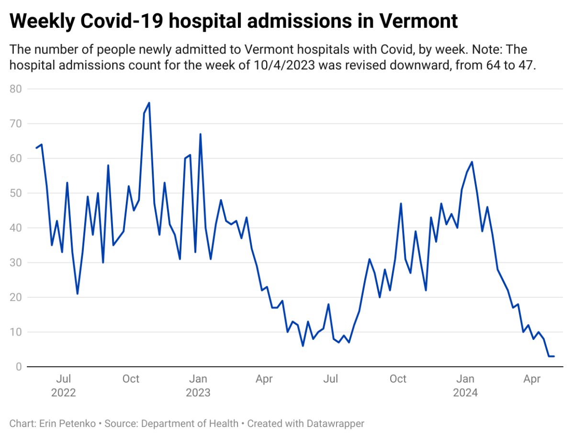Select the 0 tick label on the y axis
[19, 367]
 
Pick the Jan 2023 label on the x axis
[198, 386]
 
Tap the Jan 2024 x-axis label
[465, 386]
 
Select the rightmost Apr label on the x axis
[532, 379]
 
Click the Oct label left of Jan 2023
[131, 379]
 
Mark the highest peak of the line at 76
[149, 103]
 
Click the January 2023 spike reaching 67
[200, 134]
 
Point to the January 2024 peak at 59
[472, 162]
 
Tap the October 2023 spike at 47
[400, 203]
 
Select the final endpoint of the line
[554, 356]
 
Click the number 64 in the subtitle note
[491, 66]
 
